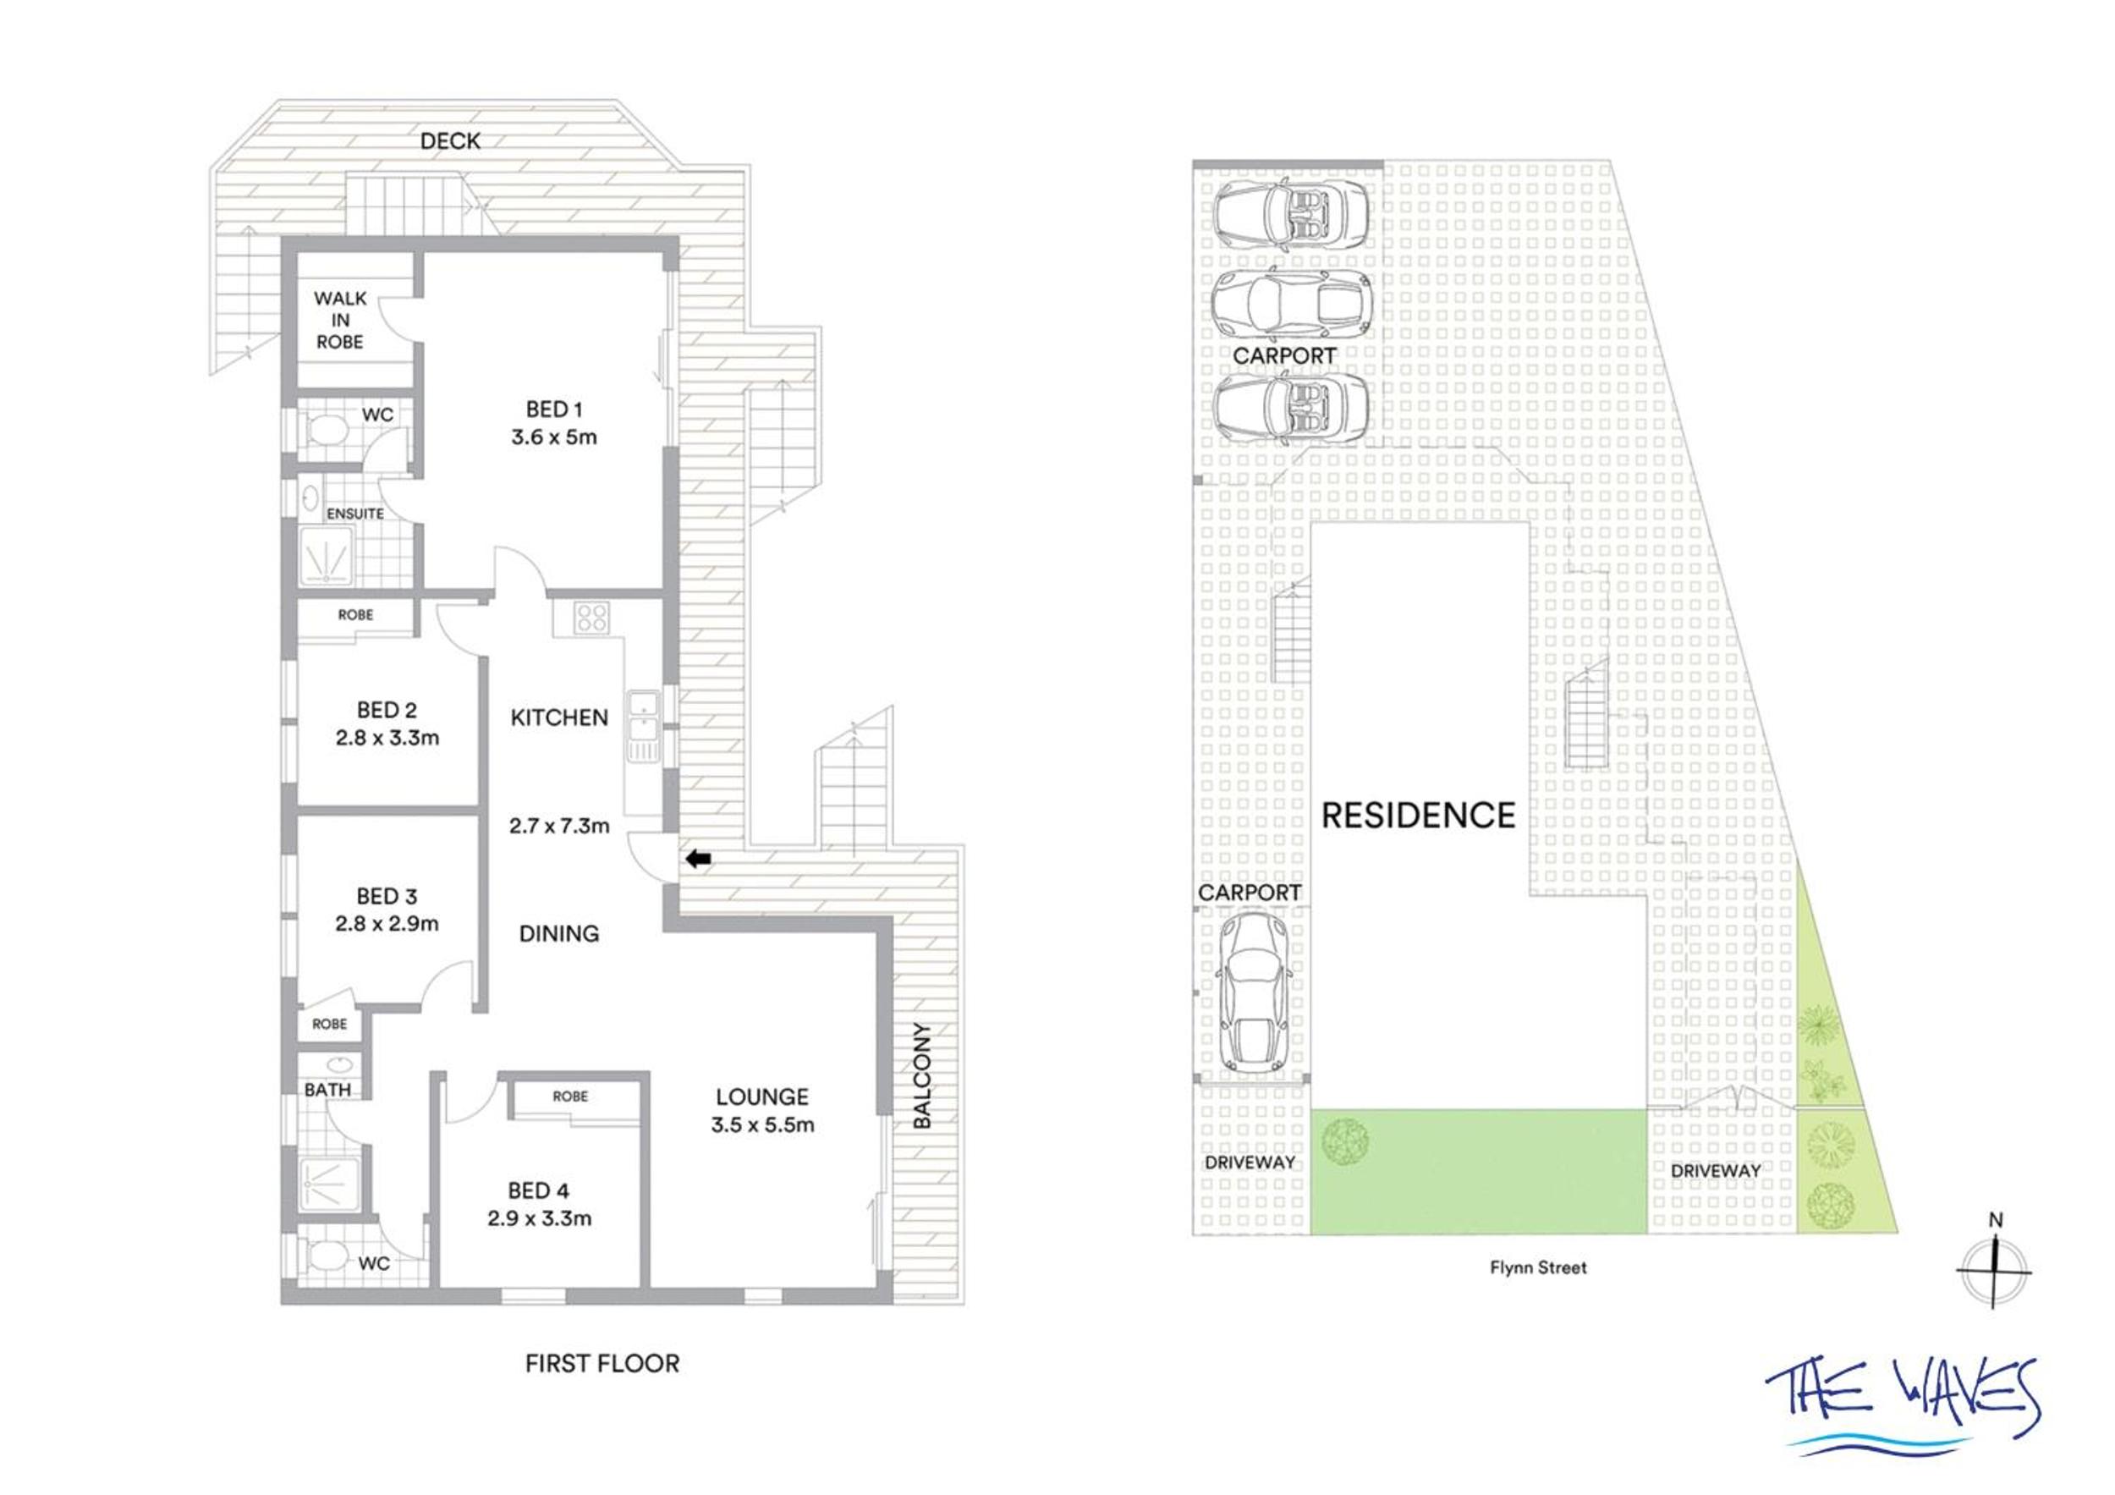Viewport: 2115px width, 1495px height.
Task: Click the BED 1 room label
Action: click(553, 409)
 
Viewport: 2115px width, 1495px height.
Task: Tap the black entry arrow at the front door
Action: click(699, 860)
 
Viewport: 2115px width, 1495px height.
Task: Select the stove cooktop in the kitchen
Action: click(590, 616)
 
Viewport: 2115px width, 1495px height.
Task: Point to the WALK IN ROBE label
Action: click(340, 320)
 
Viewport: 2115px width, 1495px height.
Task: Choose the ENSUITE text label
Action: click(354, 513)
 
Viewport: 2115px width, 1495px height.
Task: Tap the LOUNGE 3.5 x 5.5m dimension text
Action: click(763, 1124)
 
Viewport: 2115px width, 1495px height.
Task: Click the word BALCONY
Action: click(922, 1075)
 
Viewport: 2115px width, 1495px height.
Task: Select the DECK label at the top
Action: click(450, 141)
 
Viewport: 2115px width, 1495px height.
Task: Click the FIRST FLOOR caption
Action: click(602, 1363)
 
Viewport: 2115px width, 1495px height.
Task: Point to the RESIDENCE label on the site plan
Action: click(1419, 816)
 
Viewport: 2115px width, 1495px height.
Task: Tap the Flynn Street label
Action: click(1538, 1267)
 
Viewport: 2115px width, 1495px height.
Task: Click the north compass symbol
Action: click(1995, 1269)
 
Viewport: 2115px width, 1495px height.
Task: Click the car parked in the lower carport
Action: click(1254, 992)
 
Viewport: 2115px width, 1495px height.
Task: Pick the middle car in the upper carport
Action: click(1290, 301)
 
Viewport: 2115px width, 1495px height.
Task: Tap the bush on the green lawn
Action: click(1344, 1140)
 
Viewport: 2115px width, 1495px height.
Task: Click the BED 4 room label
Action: click(539, 1191)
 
